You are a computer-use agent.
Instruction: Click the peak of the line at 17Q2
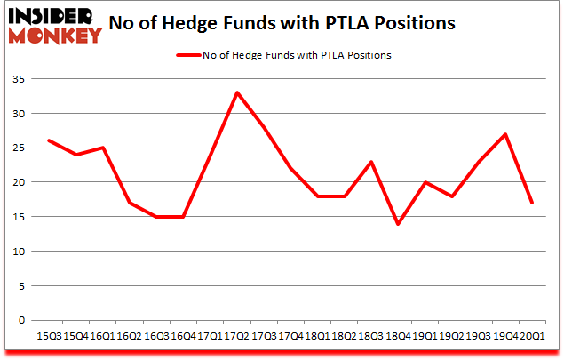[237, 92]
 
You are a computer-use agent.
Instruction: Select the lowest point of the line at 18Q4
[399, 224]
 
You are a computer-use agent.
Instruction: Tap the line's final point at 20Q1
[533, 203]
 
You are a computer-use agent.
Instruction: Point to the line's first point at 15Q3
[49, 140]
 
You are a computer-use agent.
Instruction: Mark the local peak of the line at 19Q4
[506, 134]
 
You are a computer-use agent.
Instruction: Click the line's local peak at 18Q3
[371, 162]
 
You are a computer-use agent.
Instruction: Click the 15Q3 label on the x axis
[49, 335]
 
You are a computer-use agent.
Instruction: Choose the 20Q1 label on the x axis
[533, 335]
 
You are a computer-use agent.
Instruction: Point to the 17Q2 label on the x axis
[237, 335]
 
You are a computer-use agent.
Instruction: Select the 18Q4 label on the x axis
[399, 335]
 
